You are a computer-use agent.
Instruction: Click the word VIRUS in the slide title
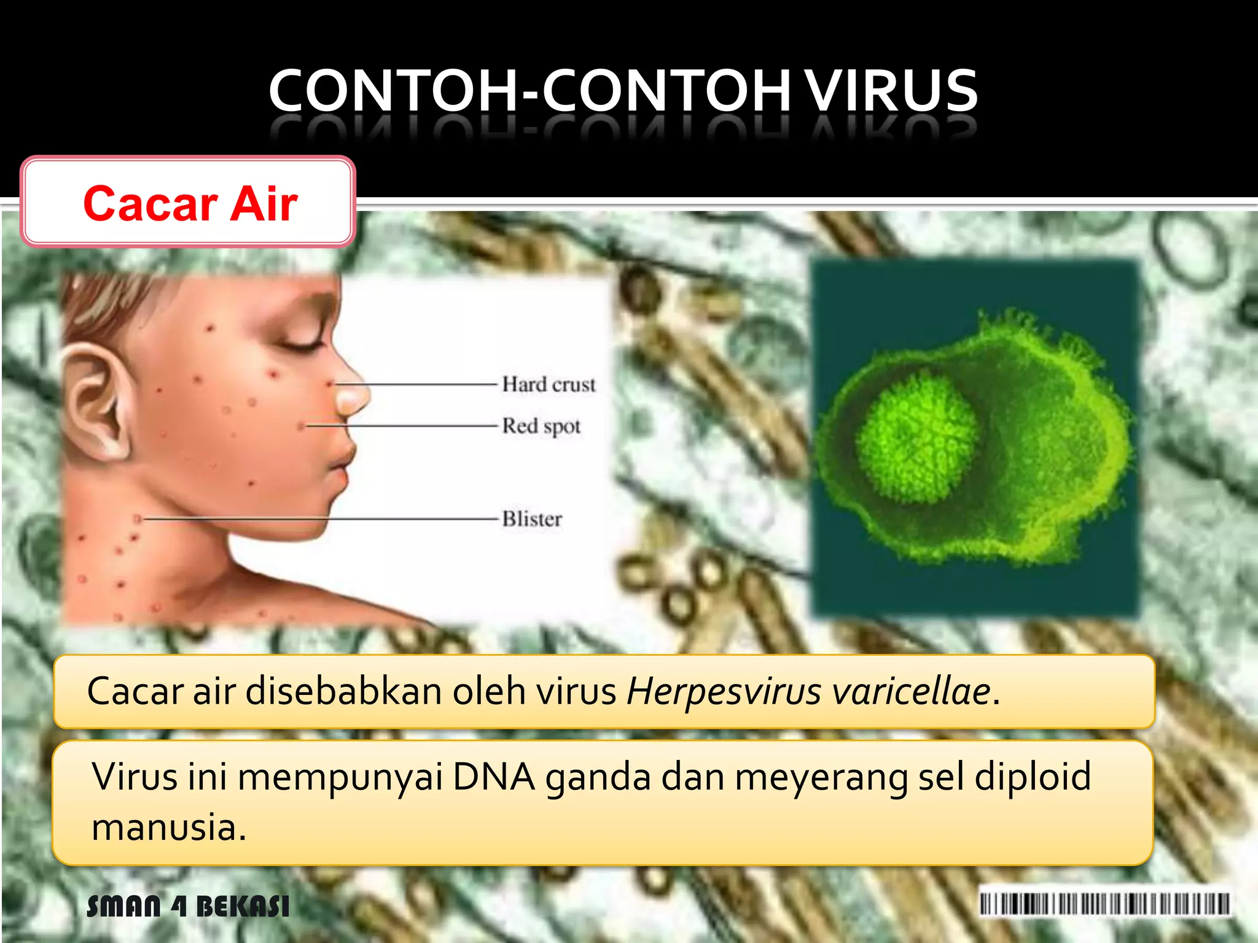click(x=891, y=91)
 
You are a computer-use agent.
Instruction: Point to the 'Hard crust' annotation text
click(x=549, y=385)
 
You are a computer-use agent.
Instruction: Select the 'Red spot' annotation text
click(x=541, y=426)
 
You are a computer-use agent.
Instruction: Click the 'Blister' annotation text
click(x=532, y=519)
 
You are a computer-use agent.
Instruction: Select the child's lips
click(x=341, y=457)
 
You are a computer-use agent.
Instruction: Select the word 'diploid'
click(x=1033, y=777)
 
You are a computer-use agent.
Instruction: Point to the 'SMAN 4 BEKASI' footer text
click(x=188, y=906)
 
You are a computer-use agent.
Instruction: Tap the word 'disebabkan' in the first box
click(x=344, y=691)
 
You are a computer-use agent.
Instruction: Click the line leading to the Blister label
click(x=319, y=519)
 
